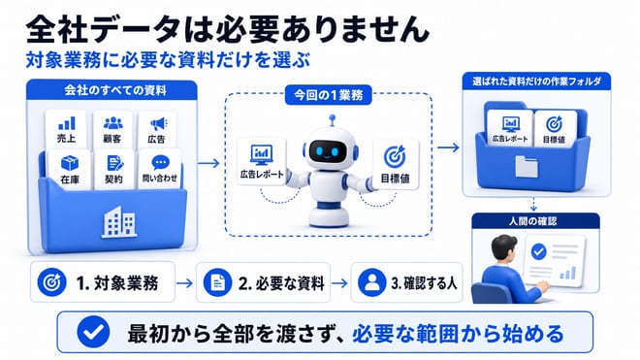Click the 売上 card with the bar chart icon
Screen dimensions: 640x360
pyautogui.click(x=66, y=129)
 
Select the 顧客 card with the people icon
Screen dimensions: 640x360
pyautogui.click(x=112, y=129)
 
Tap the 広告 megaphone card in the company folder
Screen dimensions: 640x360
pyautogui.click(x=157, y=130)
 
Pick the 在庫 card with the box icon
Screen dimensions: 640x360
pyautogui.click(x=70, y=170)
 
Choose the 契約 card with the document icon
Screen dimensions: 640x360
pyautogui.click(x=113, y=170)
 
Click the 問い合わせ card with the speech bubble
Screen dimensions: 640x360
pyautogui.click(x=160, y=169)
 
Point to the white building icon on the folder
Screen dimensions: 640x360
pyautogui.click(x=118, y=222)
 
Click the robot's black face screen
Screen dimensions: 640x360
pyautogui.click(x=328, y=150)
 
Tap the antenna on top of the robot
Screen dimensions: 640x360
pyautogui.click(x=333, y=120)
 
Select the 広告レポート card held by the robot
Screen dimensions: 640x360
pyautogui.click(x=262, y=161)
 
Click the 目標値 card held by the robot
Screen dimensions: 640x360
pyautogui.click(x=396, y=164)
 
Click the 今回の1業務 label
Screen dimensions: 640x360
pyautogui.click(x=328, y=95)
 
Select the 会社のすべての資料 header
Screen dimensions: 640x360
pyautogui.click(x=112, y=90)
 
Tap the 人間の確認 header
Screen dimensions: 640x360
pyautogui.click(x=535, y=221)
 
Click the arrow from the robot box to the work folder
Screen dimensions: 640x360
pyautogui.click(x=448, y=147)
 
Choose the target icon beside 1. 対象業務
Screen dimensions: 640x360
pyautogui.click(x=51, y=282)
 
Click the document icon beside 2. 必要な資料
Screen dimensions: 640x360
pyautogui.click(x=217, y=282)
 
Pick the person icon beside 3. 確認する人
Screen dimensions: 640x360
pyautogui.click(x=371, y=282)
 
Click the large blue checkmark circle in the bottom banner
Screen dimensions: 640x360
pyautogui.click(x=93, y=332)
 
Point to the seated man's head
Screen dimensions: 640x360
pyautogui.click(x=504, y=249)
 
